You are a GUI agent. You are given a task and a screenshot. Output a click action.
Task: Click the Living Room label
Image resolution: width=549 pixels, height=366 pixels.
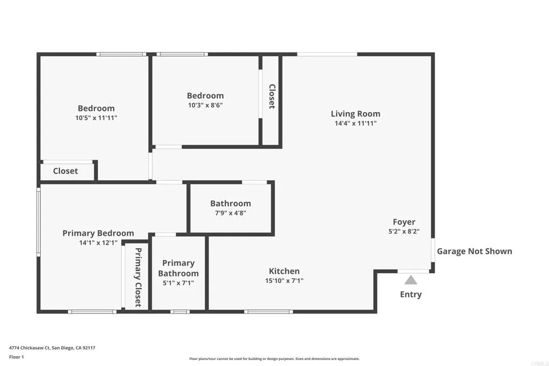[x=355, y=114]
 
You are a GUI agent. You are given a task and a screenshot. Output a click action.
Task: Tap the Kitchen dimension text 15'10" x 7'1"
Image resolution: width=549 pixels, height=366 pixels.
[x=284, y=281]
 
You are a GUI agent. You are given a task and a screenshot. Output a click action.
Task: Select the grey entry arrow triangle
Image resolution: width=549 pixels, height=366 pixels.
[x=411, y=280]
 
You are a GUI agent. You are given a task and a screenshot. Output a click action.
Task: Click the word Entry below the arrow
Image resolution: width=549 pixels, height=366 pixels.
[x=411, y=294]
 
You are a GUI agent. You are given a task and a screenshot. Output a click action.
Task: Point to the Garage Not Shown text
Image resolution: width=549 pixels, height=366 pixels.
[x=474, y=251]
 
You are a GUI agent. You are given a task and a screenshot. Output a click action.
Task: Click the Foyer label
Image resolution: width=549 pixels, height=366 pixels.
[x=404, y=222]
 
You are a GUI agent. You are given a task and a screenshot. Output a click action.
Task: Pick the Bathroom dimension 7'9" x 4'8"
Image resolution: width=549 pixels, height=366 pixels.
[x=231, y=213]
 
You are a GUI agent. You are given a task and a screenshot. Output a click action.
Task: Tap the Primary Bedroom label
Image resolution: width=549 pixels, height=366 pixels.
[x=98, y=233]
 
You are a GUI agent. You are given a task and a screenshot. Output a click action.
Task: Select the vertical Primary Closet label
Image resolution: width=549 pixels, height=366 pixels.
[x=138, y=277]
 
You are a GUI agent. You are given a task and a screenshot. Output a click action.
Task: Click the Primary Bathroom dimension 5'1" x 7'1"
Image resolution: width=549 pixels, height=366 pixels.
[x=178, y=283]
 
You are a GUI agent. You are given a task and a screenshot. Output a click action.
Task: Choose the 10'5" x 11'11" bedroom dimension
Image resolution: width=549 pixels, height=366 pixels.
[x=96, y=118]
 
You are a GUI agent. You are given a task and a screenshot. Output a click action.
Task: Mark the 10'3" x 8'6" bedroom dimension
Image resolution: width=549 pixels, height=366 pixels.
[x=205, y=106]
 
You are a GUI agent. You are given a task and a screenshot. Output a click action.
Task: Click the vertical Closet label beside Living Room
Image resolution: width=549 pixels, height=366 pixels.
[x=272, y=96]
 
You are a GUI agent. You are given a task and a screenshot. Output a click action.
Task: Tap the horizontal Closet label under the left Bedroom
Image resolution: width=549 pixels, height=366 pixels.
[x=65, y=171]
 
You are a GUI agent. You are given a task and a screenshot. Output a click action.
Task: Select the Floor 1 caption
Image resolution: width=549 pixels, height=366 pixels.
[x=17, y=356]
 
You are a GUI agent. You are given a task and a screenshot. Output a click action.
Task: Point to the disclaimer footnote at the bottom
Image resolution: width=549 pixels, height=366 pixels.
[x=274, y=359]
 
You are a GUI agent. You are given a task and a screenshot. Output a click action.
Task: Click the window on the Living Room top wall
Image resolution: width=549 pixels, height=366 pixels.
[x=327, y=54]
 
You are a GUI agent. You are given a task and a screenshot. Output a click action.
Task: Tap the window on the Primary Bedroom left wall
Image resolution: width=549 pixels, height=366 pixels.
[x=39, y=220]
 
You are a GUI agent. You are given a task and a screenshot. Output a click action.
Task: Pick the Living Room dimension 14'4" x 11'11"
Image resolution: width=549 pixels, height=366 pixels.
[x=355, y=123]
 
